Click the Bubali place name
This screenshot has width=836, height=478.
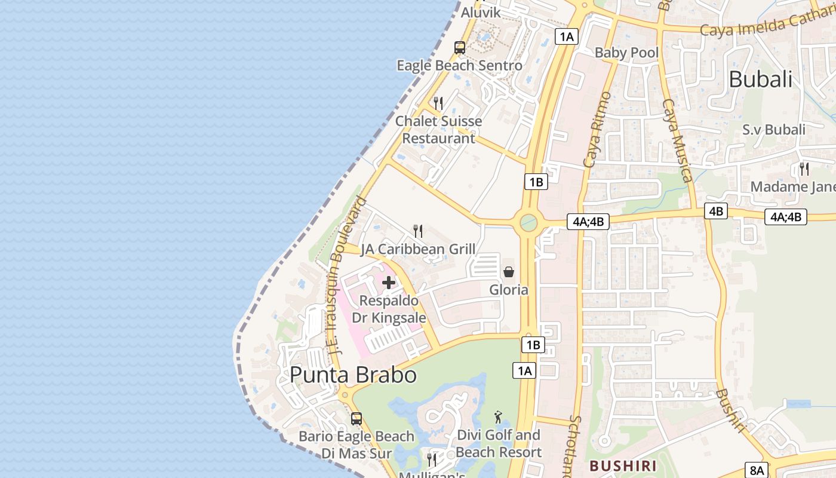[x=760, y=79]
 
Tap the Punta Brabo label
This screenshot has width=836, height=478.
[x=353, y=375]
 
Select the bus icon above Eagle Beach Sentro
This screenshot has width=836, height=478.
[x=459, y=48]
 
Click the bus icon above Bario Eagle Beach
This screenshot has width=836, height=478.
[x=356, y=419]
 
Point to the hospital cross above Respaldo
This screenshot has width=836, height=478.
[x=389, y=283]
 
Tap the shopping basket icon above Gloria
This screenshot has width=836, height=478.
[x=509, y=272]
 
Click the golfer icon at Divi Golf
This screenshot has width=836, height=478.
[x=499, y=416]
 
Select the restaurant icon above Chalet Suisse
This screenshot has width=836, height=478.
[x=438, y=103]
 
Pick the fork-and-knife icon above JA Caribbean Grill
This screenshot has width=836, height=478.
[x=418, y=231]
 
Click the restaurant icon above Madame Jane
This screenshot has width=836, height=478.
[x=804, y=169]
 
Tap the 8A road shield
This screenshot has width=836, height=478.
[x=757, y=470]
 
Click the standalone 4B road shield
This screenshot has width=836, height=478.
[x=715, y=211]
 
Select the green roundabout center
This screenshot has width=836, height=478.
[x=528, y=223]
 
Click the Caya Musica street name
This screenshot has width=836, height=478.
[x=678, y=140]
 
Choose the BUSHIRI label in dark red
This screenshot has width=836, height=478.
[x=623, y=465]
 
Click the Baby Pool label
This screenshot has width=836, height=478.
[x=626, y=53]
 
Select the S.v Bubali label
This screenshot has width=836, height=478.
[x=773, y=130]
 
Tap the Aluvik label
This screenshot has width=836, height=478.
[x=480, y=13]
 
